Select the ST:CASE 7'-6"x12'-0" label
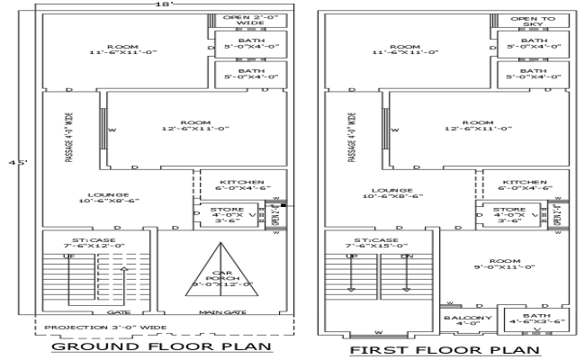(x=86, y=242)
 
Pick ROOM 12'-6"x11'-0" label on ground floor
(x=194, y=125)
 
